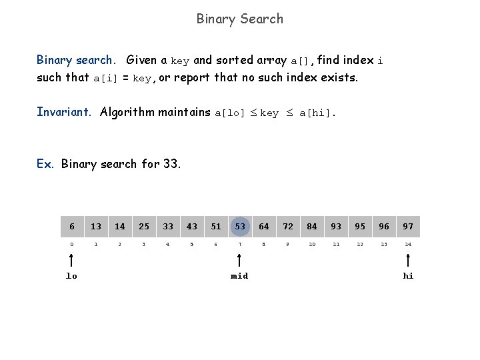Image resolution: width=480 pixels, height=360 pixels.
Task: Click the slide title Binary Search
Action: point(239,19)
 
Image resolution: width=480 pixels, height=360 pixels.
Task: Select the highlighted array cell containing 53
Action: point(240,227)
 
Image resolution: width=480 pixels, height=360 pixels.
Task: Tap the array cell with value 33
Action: point(168,227)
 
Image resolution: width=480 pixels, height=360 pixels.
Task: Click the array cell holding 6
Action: point(72,227)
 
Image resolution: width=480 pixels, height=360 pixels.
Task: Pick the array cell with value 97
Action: point(408,227)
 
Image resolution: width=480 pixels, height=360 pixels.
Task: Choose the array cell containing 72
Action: point(288,227)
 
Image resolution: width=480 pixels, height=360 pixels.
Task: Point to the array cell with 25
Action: point(144,227)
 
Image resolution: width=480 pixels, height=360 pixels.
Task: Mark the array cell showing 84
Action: point(312,227)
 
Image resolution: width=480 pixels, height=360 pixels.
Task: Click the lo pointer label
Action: point(71,276)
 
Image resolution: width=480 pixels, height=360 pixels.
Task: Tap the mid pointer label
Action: point(239,276)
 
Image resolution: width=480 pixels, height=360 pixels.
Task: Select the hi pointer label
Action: point(408,276)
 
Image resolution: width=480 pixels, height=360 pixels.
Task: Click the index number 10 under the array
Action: point(312,245)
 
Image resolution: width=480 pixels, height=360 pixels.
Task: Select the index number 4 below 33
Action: point(168,245)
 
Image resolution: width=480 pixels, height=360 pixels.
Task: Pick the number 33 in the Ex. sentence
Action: point(171,163)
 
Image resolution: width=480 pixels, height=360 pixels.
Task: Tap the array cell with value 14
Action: point(120,227)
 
